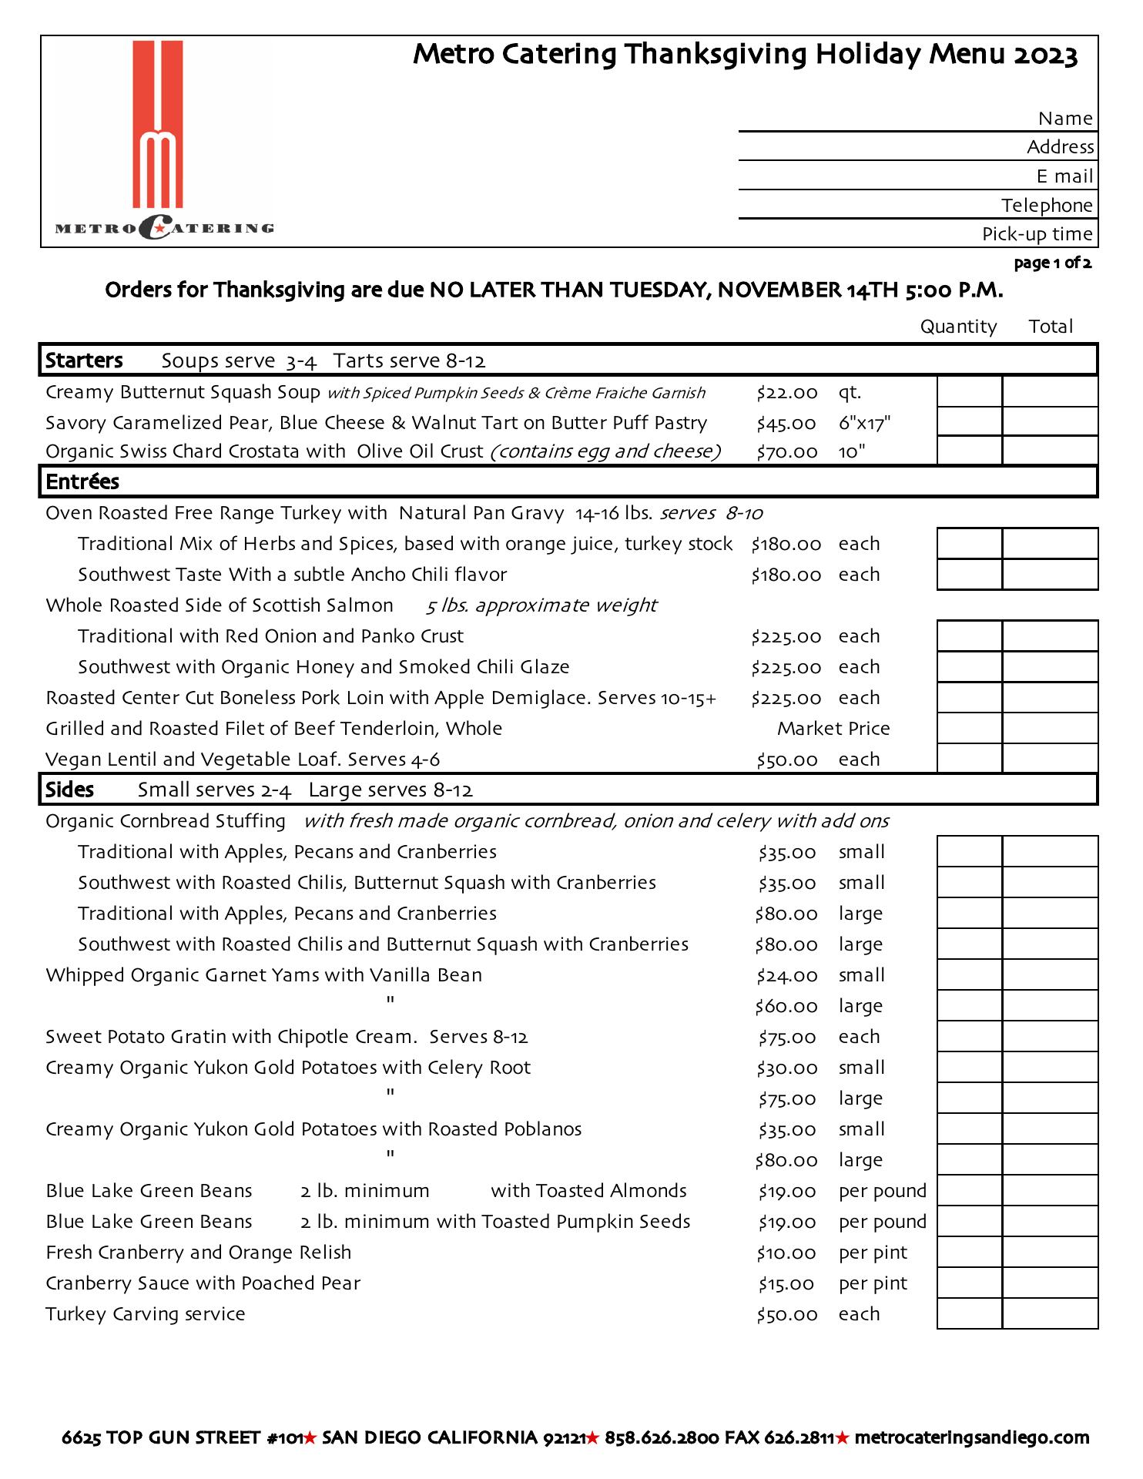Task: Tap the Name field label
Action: click(x=1065, y=119)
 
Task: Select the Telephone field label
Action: click(x=1047, y=206)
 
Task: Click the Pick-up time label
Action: click(x=1037, y=234)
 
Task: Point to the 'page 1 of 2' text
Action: click(x=1052, y=263)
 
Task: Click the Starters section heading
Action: click(x=84, y=361)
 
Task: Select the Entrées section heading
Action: click(x=82, y=482)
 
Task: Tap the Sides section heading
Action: click(x=69, y=790)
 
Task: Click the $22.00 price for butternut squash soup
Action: click(x=786, y=393)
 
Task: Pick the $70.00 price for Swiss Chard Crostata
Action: click(x=786, y=452)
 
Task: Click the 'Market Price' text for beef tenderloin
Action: click(x=833, y=729)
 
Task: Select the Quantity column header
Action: click(x=958, y=327)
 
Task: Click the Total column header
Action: click(x=1051, y=327)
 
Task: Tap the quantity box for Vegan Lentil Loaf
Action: click(x=970, y=759)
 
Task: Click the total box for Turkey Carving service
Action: click(x=1050, y=1314)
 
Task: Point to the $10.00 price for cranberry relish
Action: click(x=786, y=1253)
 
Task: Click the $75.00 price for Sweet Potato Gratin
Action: click(x=786, y=1038)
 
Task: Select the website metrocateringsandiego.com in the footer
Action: click(x=972, y=1437)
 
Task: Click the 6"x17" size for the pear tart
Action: click(x=864, y=423)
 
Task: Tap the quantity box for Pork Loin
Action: click(x=970, y=698)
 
